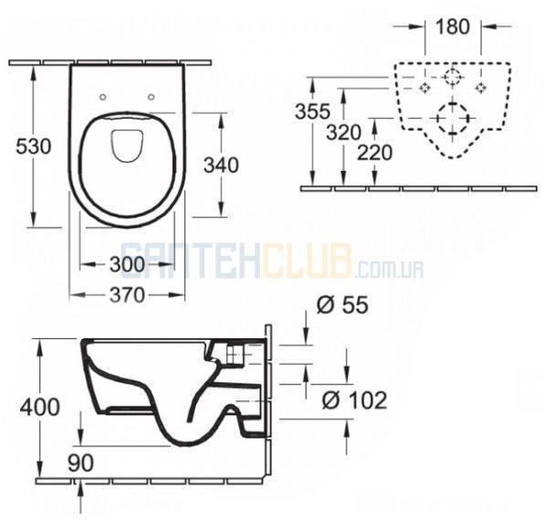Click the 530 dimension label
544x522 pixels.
pos(34,146)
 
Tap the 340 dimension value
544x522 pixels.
pos(221,165)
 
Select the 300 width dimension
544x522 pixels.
pos(127,264)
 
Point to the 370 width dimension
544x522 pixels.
pos(127,295)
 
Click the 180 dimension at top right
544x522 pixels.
pos(453,27)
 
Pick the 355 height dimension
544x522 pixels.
pos(312,112)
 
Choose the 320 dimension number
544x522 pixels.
pos(344,133)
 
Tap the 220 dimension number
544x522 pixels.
pos(375,153)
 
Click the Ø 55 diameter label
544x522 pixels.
pos(342,305)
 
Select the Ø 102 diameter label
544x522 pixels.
pos(354,400)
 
